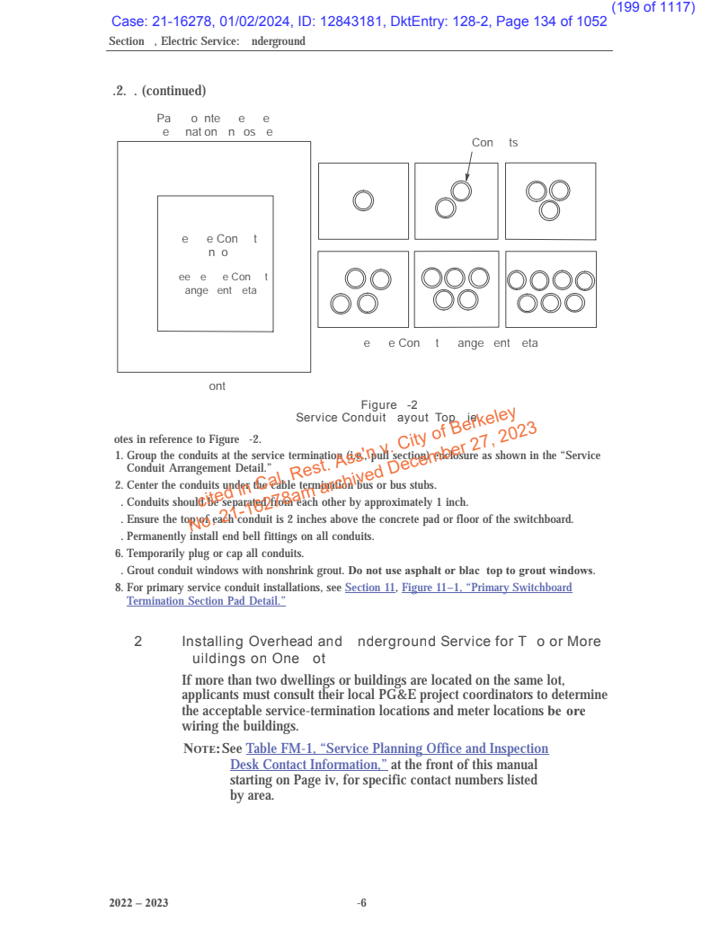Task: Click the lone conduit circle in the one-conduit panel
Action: click(363, 200)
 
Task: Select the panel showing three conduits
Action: click(550, 200)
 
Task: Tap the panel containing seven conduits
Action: click(550, 289)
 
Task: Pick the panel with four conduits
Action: click(363, 289)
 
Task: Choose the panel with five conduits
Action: click(456, 289)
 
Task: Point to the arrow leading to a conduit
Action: click(468, 168)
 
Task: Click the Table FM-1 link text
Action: click(396, 748)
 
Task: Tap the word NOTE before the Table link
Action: click(200, 749)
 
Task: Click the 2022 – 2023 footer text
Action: click(138, 903)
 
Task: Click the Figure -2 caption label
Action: click(388, 405)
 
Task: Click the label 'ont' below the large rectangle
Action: click(217, 386)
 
